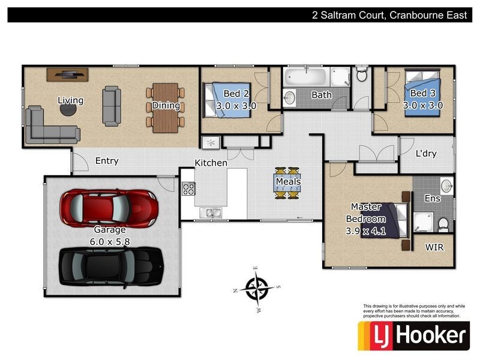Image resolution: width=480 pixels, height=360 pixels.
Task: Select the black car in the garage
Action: (110, 263)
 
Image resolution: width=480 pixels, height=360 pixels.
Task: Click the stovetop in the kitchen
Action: (188, 189)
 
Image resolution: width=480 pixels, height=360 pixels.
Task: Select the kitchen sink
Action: (211, 212)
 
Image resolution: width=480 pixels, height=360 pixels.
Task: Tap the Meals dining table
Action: (287, 182)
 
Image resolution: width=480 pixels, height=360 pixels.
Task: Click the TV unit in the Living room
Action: (68, 74)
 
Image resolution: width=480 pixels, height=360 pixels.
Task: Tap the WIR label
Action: (434, 247)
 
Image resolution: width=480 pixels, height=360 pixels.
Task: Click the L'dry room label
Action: (426, 154)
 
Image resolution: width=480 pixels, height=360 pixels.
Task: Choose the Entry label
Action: (106, 161)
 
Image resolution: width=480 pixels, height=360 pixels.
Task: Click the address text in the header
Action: (388, 16)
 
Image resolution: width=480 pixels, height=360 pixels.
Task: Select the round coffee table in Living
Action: (68, 110)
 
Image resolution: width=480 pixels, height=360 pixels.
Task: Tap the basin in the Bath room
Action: (289, 97)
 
